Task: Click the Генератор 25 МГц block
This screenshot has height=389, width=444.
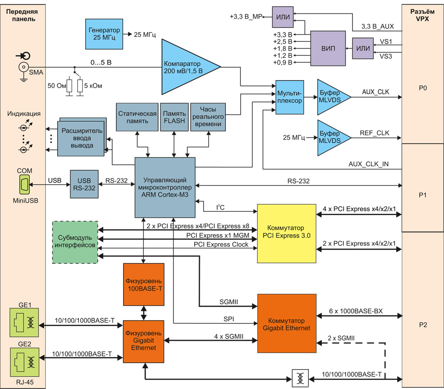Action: (x=104, y=34)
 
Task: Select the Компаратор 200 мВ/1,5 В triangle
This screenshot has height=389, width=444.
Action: (x=184, y=67)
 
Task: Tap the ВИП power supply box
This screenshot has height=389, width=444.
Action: (x=328, y=48)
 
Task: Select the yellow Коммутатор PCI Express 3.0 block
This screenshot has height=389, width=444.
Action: (x=286, y=233)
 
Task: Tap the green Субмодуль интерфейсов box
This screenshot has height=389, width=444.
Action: (x=75, y=242)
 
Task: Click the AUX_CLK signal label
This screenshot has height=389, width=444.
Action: (x=375, y=92)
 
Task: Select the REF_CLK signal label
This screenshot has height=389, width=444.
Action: (x=375, y=134)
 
